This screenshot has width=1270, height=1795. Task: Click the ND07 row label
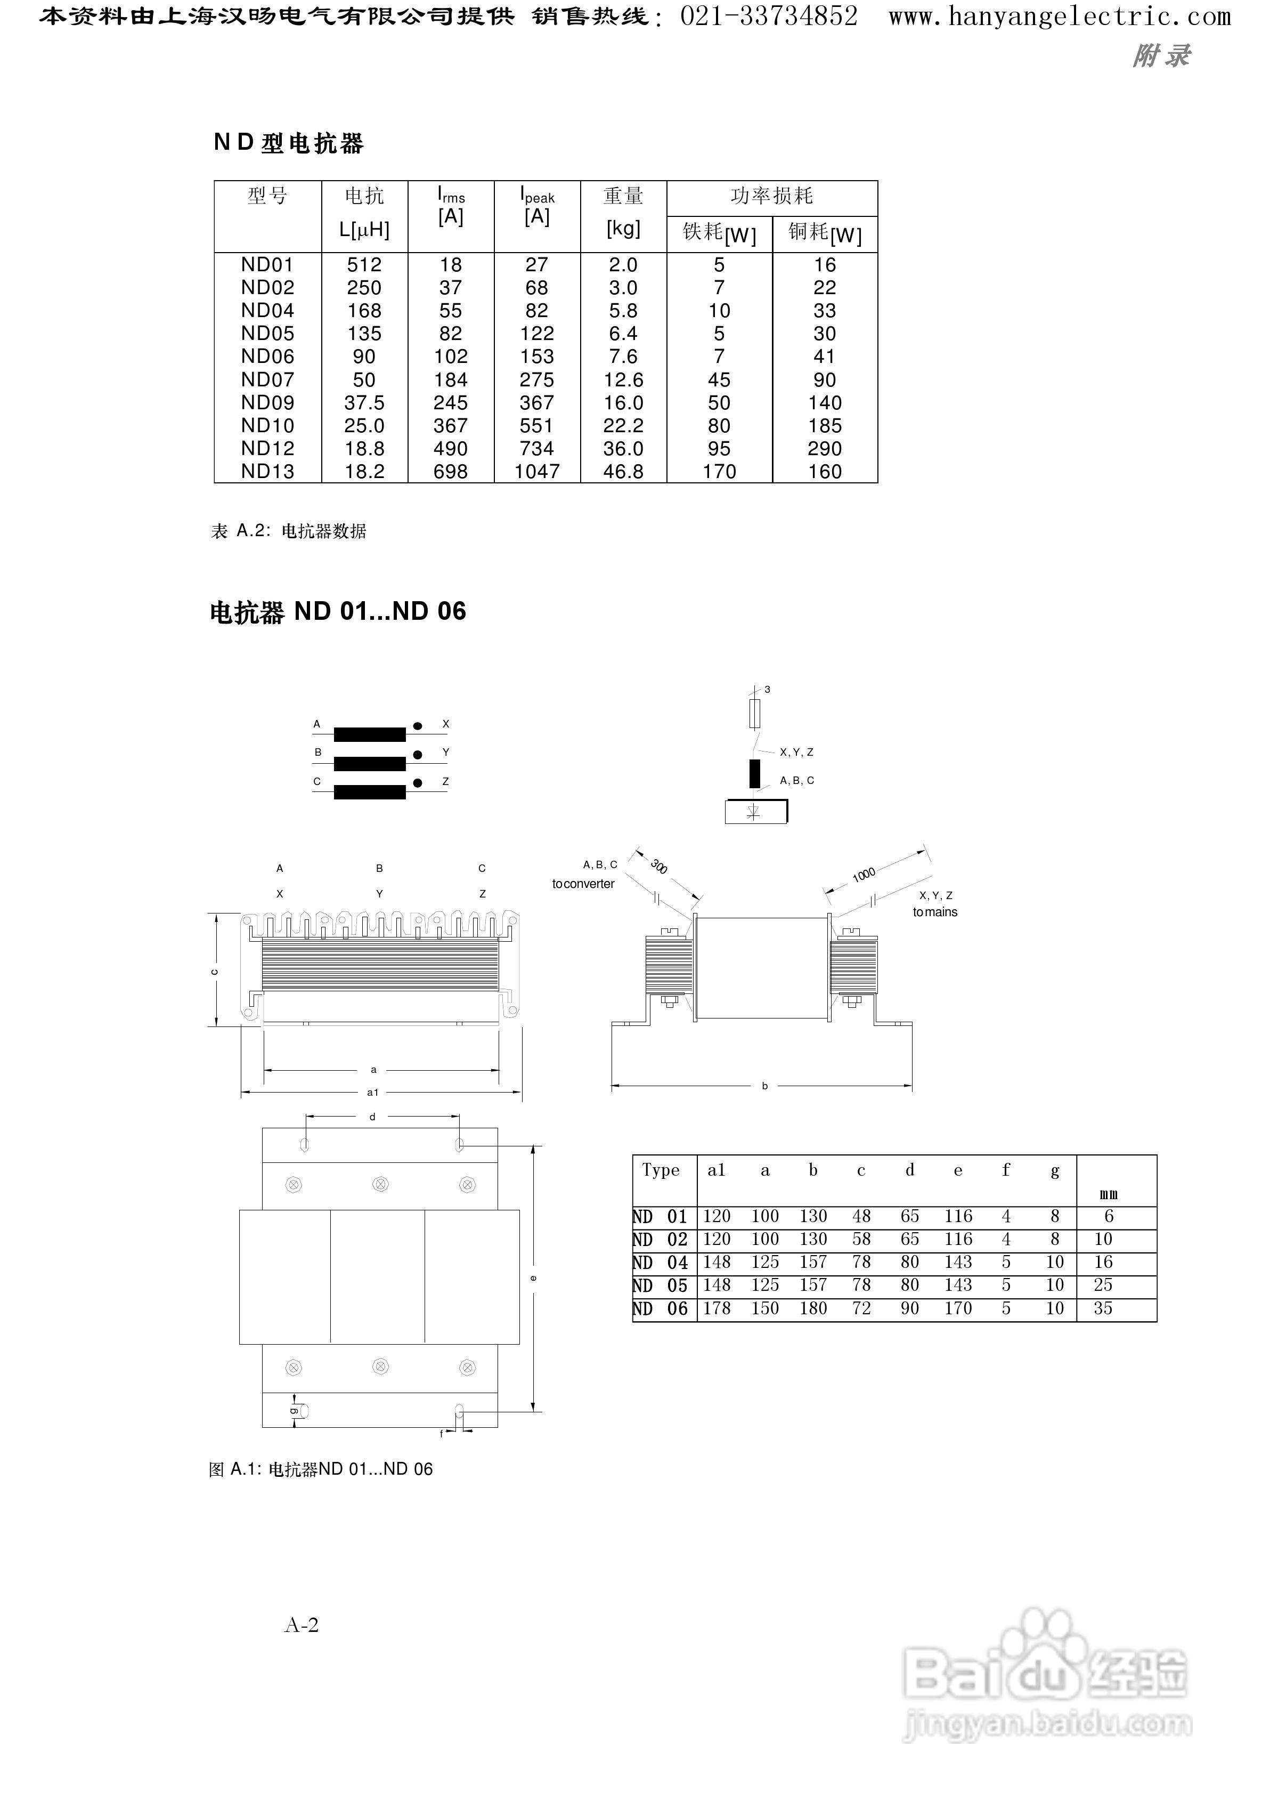pos(267,380)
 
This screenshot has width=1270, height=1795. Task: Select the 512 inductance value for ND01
pos(364,265)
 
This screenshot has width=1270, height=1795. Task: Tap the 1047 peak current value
pos(538,472)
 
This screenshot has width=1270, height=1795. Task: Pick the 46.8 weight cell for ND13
pos(623,472)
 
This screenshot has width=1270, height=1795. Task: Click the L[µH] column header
pos(364,229)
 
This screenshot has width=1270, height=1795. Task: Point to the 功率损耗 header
pos(772,196)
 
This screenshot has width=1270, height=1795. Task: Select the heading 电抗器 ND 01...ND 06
pos(338,612)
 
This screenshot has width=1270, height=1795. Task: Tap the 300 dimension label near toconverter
pos(658,867)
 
